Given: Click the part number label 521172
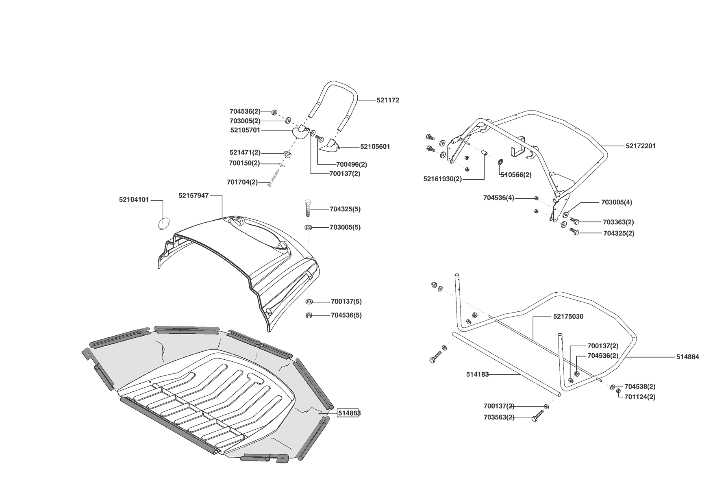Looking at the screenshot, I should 387,100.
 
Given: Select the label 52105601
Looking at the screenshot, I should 375,147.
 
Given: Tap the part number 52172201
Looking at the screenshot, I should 640,146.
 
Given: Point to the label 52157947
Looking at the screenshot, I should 193,196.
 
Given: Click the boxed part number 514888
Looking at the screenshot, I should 349,413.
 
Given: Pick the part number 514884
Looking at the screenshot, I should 687,357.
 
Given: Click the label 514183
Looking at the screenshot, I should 477,375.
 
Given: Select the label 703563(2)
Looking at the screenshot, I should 499,417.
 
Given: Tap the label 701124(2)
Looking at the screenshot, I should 640,397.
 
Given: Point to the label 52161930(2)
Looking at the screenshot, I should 442,179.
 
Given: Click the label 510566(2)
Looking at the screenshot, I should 516,175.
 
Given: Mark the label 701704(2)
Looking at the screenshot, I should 242,182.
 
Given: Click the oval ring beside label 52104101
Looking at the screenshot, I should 163,223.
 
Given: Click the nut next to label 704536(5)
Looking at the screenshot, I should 309,315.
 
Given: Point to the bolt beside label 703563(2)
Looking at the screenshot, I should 537,415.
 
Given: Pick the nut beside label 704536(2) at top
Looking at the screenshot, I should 274,111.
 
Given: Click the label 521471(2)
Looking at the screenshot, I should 245,153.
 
